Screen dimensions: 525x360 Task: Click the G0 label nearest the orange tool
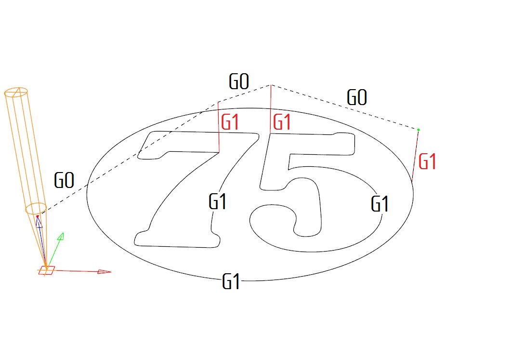(x=64, y=180)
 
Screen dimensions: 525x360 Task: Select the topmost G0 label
(x=239, y=81)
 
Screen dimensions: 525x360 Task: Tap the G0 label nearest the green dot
(x=357, y=97)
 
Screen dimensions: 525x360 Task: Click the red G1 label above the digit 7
(x=230, y=122)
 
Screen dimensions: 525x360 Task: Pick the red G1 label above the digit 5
(x=282, y=122)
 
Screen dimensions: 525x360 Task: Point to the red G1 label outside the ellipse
(x=427, y=161)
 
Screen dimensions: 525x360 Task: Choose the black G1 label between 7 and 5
(x=217, y=201)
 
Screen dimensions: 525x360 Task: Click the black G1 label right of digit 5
(x=380, y=204)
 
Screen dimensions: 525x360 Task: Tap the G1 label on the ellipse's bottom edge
(x=231, y=281)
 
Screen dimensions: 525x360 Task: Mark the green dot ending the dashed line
(x=418, y=130)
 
